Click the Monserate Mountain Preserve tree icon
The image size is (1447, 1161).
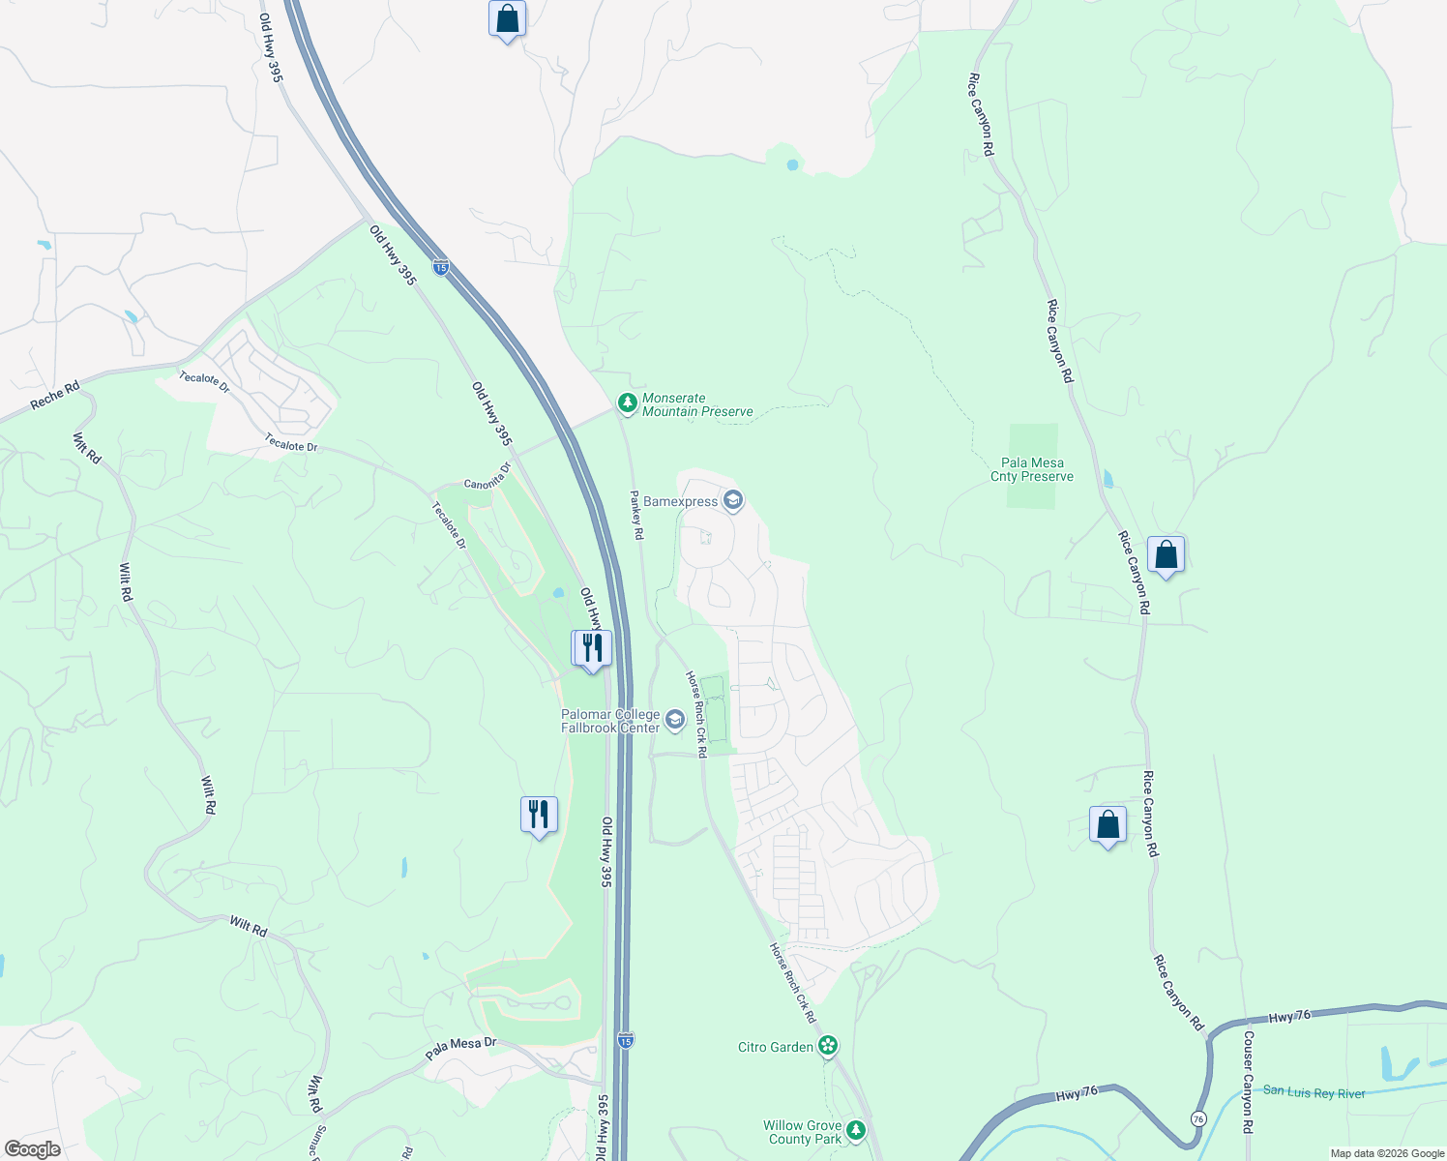pos(627,402)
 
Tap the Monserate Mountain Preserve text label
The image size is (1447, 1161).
pos(697,404)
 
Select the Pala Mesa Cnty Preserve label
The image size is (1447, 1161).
pos(1032,469)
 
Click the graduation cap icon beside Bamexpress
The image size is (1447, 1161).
pos(733,500)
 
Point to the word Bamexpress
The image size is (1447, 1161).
pos(681,501)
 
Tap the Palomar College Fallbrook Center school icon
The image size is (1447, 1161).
pos(674,719)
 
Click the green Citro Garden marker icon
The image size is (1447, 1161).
pos(827,1045)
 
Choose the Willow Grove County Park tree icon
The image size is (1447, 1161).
pos(855,1130)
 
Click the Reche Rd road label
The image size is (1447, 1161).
pos(55,395)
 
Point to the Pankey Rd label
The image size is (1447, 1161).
pos(636,515)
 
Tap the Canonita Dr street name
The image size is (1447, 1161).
pos(487,476)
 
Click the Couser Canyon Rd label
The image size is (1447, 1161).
pos(1248,1082)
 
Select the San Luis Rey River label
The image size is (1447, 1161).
pos(1314,1092)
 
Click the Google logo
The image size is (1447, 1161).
pos(33,1149)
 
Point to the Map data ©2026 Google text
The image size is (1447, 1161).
pos(1387,1153)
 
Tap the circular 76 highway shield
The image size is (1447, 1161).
pos(1198,1117)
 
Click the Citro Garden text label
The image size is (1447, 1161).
pos(776,1047)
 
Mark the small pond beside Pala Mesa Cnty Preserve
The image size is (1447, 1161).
pos(1107,478)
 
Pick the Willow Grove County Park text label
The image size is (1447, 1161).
pos(802,1132)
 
